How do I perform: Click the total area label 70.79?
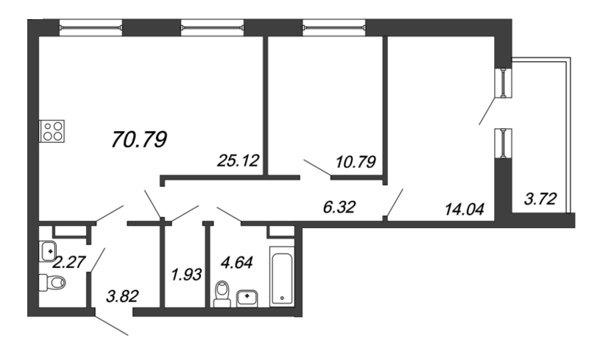139,139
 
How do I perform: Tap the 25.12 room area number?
238,160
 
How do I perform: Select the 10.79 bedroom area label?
356,162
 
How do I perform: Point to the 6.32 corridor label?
339,207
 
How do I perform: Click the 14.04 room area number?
465,208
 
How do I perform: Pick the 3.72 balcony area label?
540,199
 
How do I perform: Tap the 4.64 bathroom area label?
236,262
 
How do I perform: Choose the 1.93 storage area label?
186,275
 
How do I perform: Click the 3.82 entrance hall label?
122,296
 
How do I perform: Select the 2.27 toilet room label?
69,262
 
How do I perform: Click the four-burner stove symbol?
52,131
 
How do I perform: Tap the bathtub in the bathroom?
282,277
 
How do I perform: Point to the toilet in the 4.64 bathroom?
222,294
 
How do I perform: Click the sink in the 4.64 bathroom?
247,298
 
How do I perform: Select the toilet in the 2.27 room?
52,282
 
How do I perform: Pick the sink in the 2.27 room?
48,251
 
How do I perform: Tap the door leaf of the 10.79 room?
317,168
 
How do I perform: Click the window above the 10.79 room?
334,27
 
